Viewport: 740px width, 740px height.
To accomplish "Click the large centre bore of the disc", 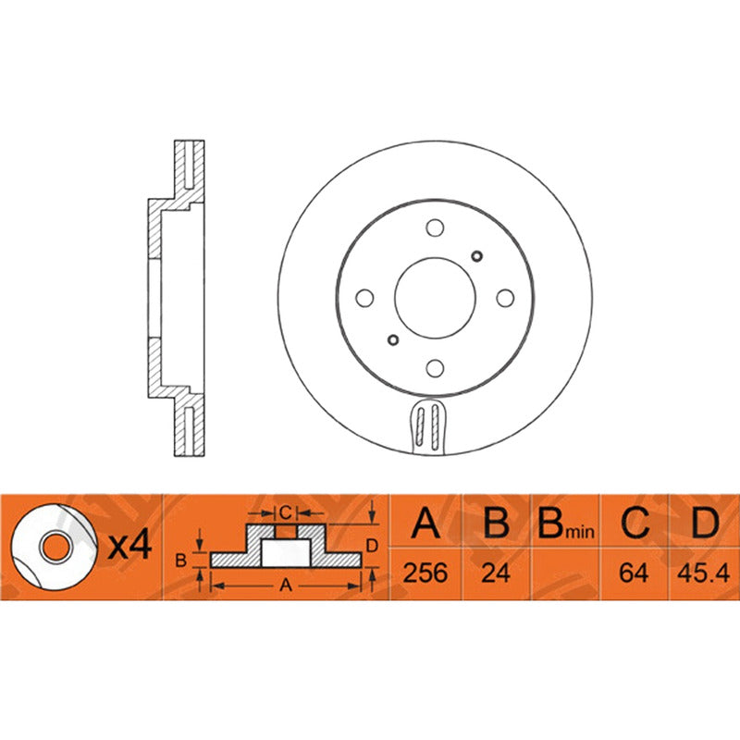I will tap(434, 297).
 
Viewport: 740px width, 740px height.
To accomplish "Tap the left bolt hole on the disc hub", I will tap(364, 298).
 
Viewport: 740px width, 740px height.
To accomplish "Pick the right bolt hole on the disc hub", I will tap(504, 298).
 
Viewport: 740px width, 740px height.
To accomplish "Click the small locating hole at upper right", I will tap(477, 255).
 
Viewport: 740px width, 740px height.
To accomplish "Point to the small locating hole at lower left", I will tap(392, 339).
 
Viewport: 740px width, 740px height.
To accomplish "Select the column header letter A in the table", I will tap(425, 524).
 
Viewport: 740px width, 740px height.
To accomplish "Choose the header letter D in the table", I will tap(705, 524).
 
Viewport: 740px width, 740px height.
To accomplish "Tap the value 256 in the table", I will tap(425, 573).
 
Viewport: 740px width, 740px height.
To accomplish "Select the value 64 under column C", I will tap(635, 573).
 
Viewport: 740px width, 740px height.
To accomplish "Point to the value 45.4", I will tap(705, 573).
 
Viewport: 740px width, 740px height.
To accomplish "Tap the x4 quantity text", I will tap(129, 546).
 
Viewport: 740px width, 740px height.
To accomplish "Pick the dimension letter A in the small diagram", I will tap(286, 585).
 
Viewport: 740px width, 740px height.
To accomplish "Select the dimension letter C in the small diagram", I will tap(286, 512).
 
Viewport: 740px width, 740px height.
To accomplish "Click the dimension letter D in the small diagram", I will tap(371, 546).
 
